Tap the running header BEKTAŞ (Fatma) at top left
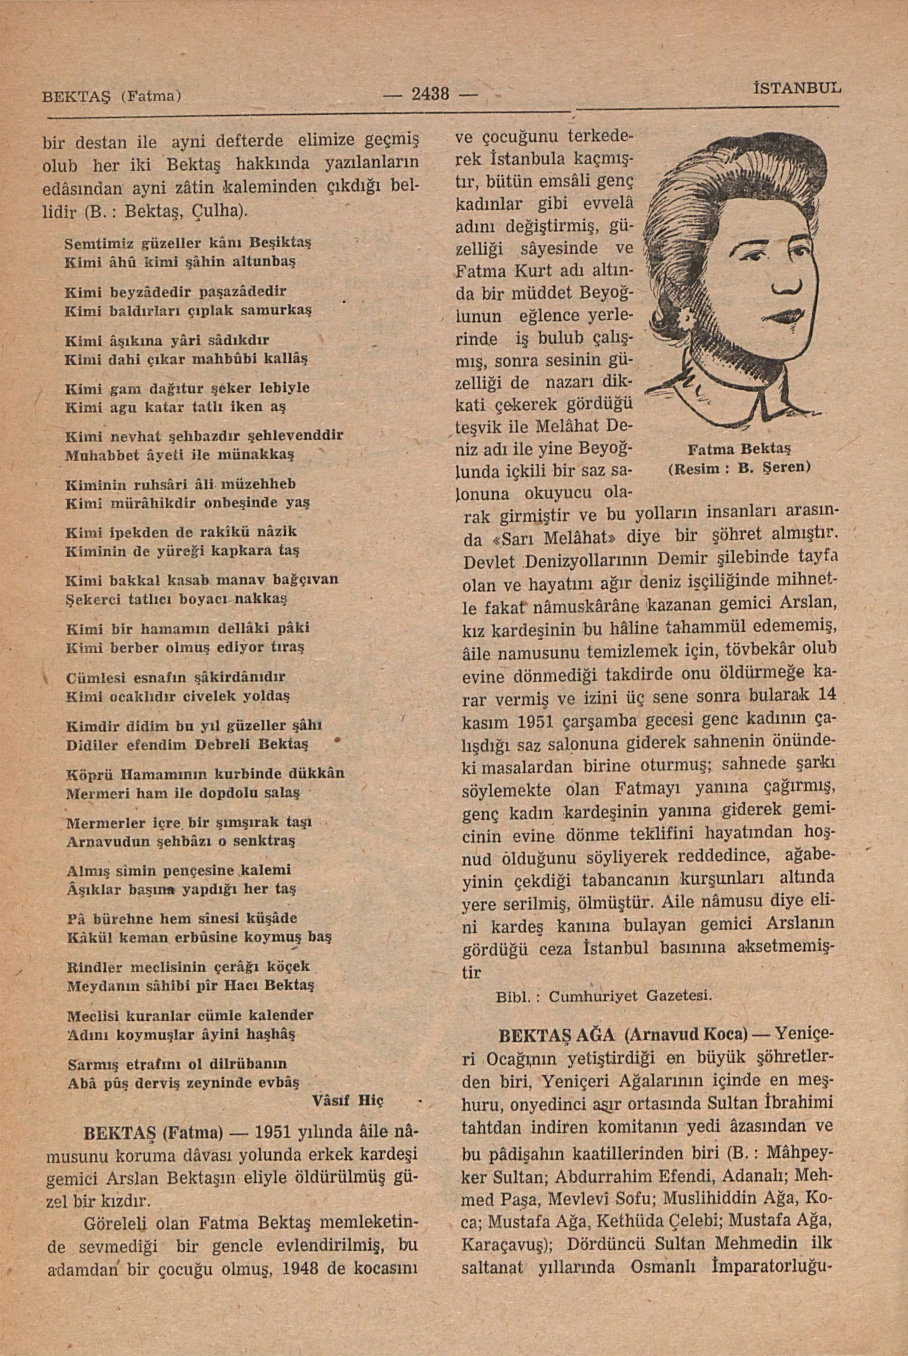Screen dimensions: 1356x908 [x=113, y=94]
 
